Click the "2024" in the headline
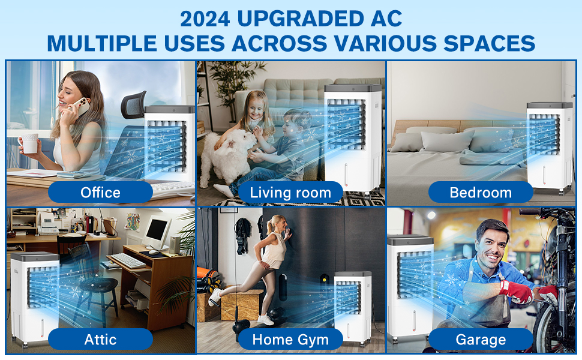[x=205, y=19]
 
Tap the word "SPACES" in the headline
[x=489, y=43]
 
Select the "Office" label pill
[x=100, y=192]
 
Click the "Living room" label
[x=290, y=192]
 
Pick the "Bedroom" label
[x=481, y=192]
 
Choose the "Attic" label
[x=100, y=339]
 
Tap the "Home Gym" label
[x=290, y=339]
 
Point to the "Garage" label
[x=481, y=339]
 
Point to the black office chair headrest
[x=134, y=104]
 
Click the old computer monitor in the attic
[x=157, y=232]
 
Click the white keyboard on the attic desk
[x=128, y=260]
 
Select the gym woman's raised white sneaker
[x=215, y=297]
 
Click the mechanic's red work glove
[x=516, y=292]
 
